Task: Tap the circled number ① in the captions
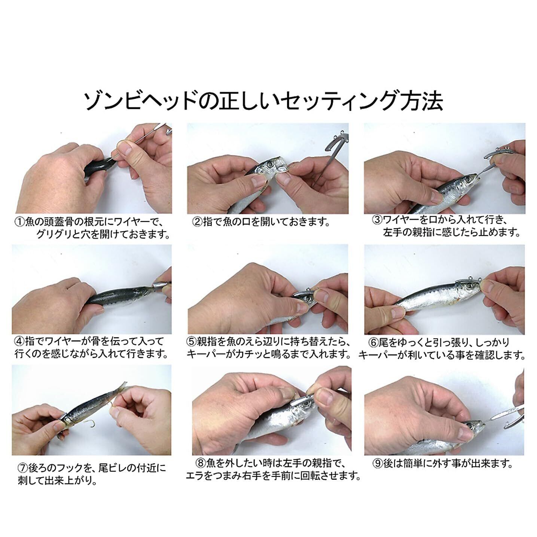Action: click(19, 222)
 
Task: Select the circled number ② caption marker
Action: click(198, 222)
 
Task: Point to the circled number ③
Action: click(377, 220)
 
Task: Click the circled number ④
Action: click(19, 341)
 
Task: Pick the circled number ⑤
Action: click(192, 341)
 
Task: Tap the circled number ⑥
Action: click(374, 342)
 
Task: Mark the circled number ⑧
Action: click(201, 464)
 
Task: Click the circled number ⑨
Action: click(377, 464)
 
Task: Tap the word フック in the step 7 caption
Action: click(73, 468)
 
